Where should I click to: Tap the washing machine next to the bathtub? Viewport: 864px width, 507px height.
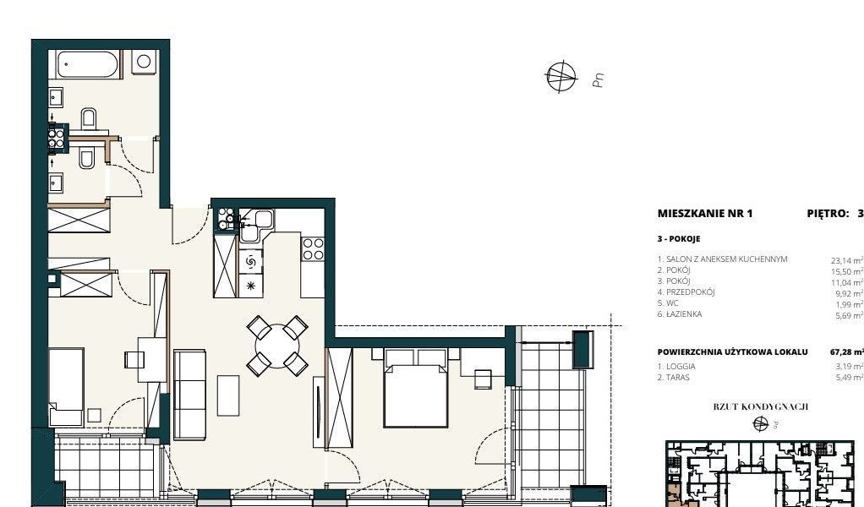144,62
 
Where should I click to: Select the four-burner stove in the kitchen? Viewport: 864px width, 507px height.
313,248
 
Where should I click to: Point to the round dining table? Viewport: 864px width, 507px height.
276,345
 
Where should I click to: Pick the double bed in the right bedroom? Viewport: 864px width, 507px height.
415,391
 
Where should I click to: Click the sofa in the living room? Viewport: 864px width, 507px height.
189,394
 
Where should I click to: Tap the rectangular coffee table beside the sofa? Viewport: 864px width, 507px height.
229,395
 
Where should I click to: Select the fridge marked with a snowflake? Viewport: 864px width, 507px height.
250,286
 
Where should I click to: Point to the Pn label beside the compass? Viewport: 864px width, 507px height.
598,80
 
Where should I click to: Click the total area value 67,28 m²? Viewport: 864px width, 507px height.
846,352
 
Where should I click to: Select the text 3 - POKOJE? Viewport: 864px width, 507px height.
679,239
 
